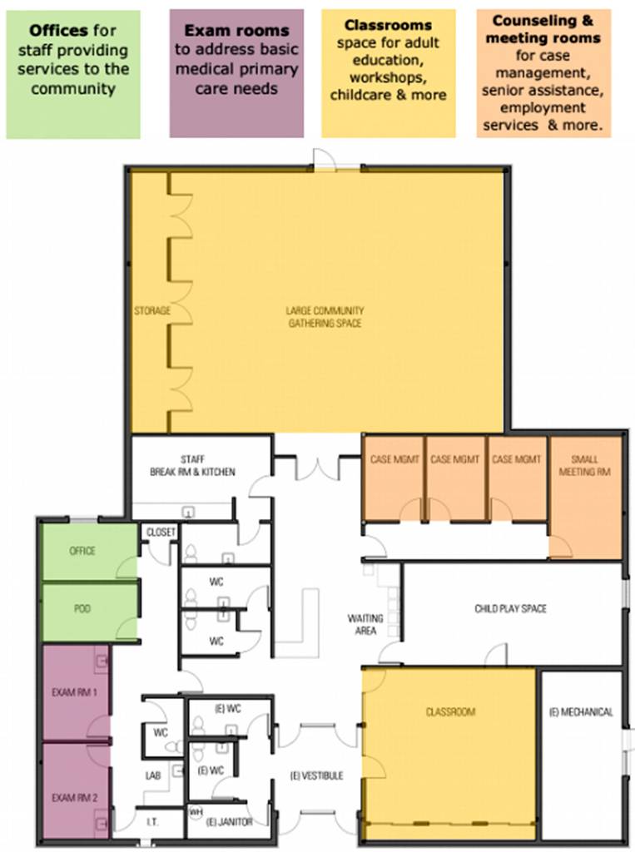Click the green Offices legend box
(73, 74)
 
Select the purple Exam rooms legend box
(236, 73)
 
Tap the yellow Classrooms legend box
(388, 73)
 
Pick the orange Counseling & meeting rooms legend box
(543, 73)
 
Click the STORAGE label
(152, 311)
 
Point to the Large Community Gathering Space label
(325, 317)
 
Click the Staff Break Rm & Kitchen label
(192, 466)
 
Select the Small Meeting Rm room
(585, 497)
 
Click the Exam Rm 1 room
(76, 692)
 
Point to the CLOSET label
(161, 532)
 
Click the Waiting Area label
(365, 624)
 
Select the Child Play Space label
(510, 608)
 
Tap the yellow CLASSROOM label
(451, 712)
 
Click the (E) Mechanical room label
(581, 712)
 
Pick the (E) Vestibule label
(316, 776)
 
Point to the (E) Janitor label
(230, 822)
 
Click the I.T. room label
(153, 822)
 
